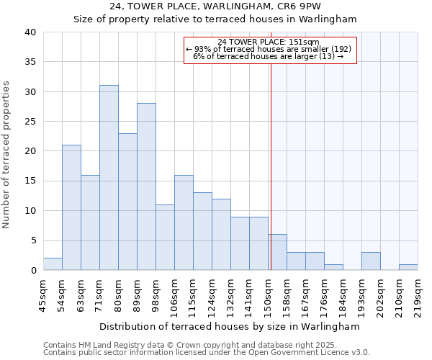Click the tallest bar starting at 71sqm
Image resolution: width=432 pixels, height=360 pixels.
pos(109,178)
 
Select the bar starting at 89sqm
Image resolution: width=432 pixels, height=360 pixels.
pos(146,186)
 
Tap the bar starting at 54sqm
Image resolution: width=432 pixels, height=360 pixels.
pos(71,207)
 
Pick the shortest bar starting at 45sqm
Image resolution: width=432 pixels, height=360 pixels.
pos(53,264)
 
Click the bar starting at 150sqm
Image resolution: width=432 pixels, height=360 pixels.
pos(277,253)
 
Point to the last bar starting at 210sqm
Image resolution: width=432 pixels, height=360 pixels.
pos(408,267)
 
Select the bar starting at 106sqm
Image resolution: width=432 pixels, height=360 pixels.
pos(184,222)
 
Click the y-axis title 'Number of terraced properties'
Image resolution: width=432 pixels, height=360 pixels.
pos(7,155)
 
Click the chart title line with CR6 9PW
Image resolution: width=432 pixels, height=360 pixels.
pos(215,6)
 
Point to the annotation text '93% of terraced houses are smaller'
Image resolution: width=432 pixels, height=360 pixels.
pos(272,49)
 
